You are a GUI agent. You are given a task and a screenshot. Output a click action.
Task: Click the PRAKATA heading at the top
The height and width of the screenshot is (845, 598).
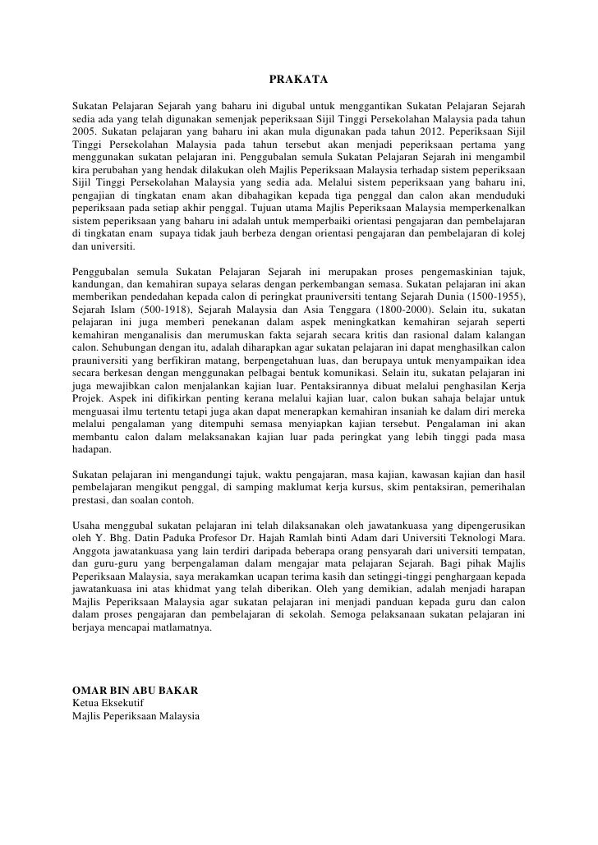(x=298, y=80)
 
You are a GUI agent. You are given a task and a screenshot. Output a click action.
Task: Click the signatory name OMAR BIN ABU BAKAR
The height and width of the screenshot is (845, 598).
(x=135, y=690)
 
